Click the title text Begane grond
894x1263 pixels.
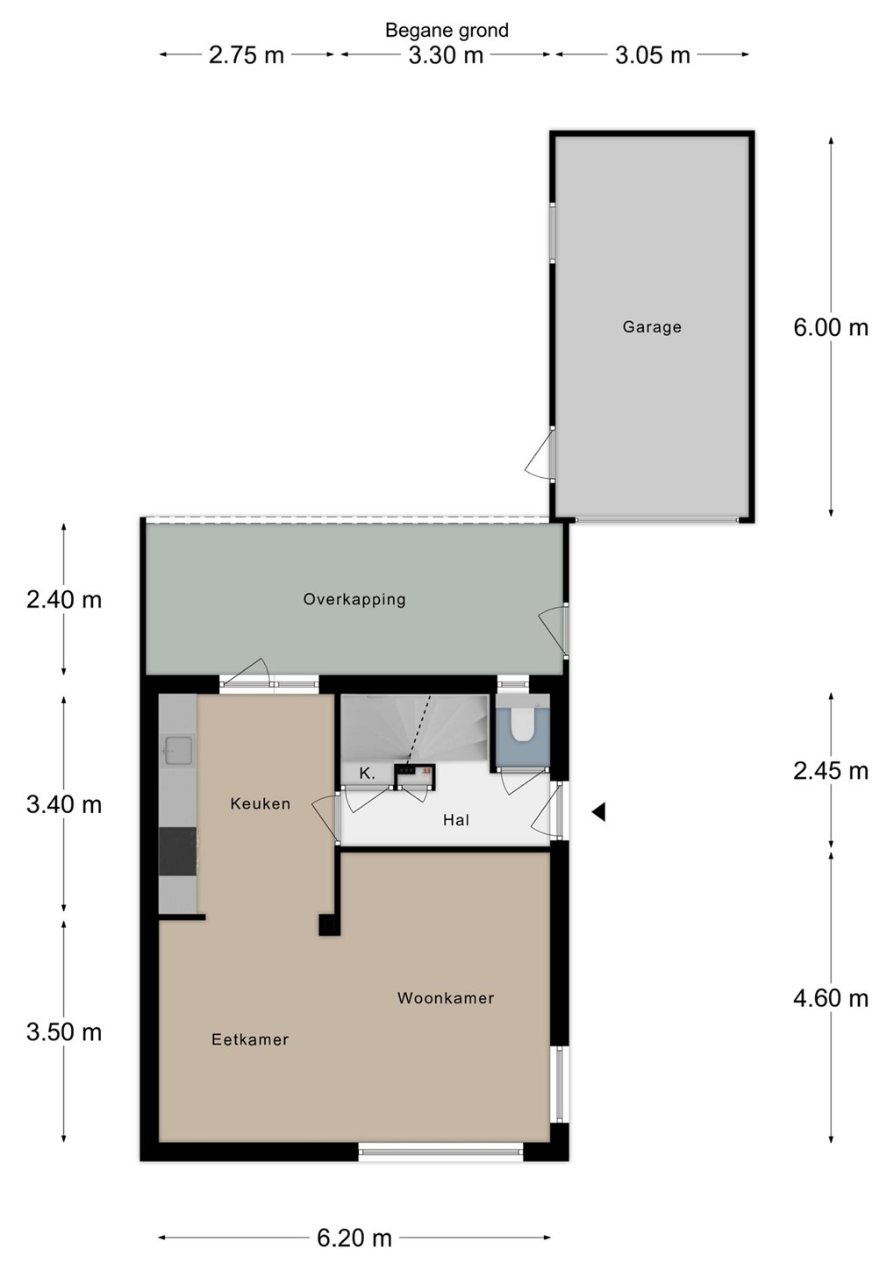447,30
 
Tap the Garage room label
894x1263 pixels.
652,327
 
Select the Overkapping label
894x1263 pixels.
354,599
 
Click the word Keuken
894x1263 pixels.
260,803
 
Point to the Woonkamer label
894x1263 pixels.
446,998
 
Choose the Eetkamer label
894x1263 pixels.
250,1039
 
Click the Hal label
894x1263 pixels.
455,820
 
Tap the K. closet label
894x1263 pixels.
368,774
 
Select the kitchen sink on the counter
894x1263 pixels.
179,750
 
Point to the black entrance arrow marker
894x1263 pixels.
598,812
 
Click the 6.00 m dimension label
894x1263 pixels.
830,328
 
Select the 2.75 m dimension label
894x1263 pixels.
246,55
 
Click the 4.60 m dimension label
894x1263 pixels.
830,998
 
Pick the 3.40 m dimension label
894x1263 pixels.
64,804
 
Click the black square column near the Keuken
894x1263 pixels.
329,924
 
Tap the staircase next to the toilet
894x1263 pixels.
415,729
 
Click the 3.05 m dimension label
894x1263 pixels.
652,55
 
